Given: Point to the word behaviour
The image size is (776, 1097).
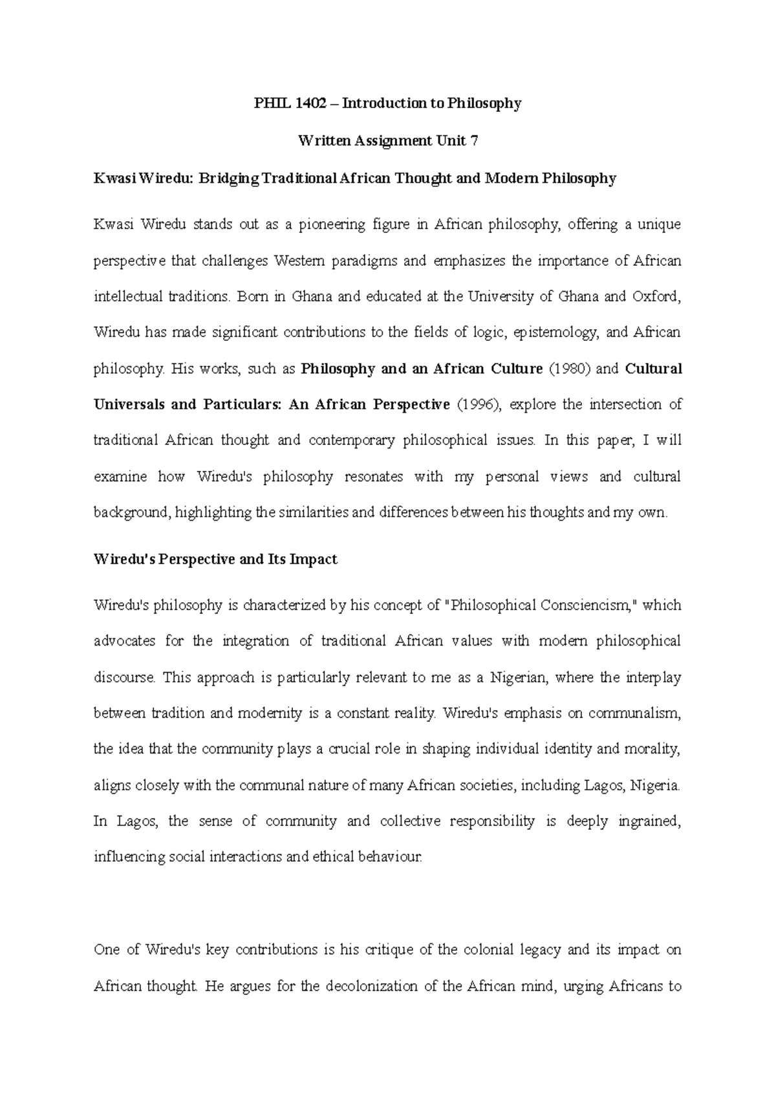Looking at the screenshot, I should [x=391, y=858].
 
